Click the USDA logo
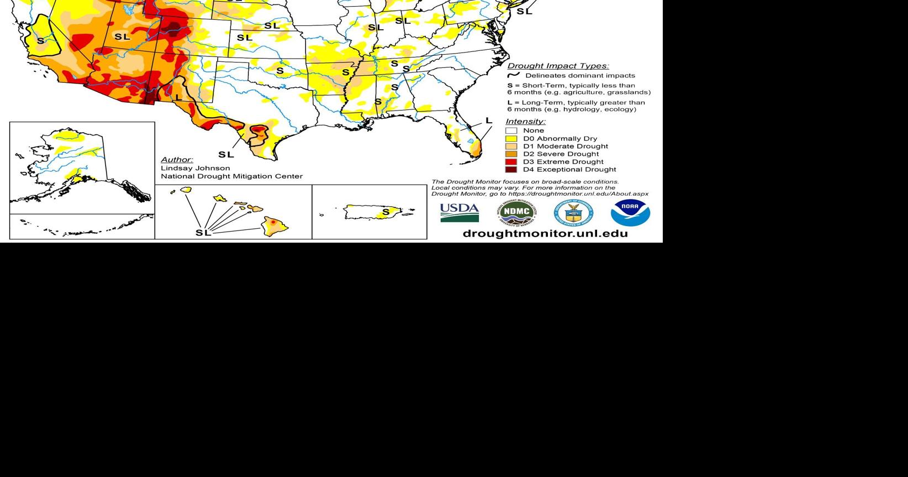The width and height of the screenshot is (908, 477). coord(460,212)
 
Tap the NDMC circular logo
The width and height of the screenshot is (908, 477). coord(516,213)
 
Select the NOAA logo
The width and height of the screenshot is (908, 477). coord(630,212)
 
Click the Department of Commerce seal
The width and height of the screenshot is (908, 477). coord(573,213)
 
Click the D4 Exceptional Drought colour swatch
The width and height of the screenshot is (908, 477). coord(511,170)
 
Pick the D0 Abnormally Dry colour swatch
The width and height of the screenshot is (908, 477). coord(511,139)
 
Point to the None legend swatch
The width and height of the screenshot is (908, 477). coord(511,131)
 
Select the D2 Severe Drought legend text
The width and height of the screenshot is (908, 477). coord(561,154)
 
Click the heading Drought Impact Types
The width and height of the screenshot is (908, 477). coord(558,66)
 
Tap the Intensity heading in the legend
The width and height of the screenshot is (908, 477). coord(525,122)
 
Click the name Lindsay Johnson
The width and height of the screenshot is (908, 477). coord(196,168)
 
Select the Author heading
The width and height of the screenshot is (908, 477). coord(177,160)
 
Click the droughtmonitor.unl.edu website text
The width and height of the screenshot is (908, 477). coord(545,233)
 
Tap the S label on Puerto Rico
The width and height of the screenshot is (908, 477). coord(386,212)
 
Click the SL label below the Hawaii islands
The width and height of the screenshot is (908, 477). coord(203,233)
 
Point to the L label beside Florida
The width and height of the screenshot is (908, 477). coord(489,120)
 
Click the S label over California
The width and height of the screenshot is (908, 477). coord(40,41)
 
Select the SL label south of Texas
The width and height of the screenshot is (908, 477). coord(226,154)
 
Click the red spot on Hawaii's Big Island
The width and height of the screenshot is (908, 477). coord(273,222)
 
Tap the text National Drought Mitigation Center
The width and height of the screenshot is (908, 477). coord(231,176)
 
